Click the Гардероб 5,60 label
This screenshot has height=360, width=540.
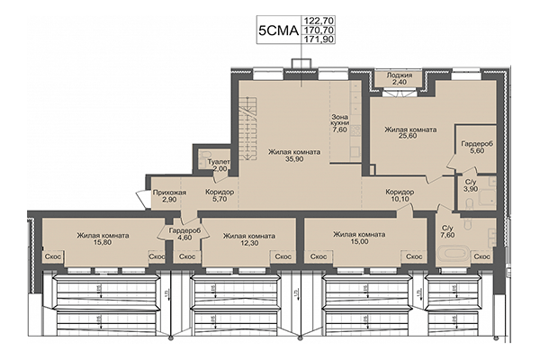[474, 148]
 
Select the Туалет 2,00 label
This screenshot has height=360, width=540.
[220, 166]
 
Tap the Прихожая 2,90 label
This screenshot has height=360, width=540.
[170, 196]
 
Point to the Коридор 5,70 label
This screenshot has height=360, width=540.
[220, 196]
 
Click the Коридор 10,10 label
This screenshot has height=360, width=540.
[400, 196]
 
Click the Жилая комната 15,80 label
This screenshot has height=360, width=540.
[102, 239]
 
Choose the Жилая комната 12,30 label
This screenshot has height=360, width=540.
[248, 239]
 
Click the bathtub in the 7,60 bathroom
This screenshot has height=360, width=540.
[460, 252]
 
